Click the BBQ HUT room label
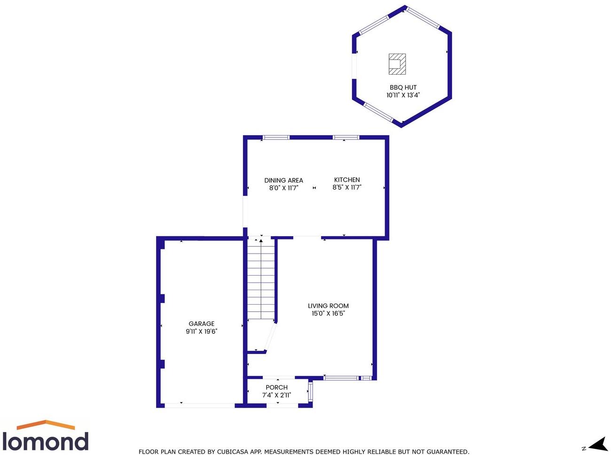pos(403,87)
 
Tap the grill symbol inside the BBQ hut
pos(397,64)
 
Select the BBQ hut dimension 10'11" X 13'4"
pos(403,95)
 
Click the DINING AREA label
pos(283,180)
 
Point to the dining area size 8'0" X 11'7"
pos(283,188)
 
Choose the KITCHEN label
pos(347,180)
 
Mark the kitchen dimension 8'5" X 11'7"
pos(347,187)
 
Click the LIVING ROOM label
pos(328,306)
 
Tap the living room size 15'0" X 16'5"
pos(328,313)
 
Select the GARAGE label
pos(201,324)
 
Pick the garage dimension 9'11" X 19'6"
pos(201,331)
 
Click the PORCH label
pos(276,387)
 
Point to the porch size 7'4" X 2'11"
pos(276,395)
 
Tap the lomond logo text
pos(45,441)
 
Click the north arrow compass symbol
pos(598,444)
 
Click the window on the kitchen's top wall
pos(346,138)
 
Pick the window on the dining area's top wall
pos(276,138)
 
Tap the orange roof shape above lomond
pos(46,424)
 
